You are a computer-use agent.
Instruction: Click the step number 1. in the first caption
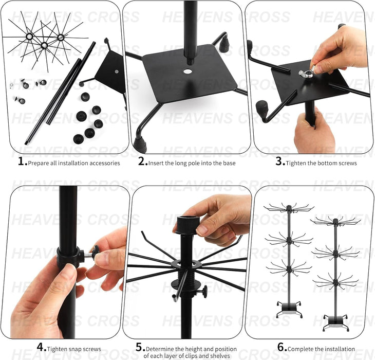[22, 162]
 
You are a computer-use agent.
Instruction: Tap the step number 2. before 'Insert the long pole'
[143, 162]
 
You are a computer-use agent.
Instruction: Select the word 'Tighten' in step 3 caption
[297, 163]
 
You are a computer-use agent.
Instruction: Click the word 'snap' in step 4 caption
[74, 349]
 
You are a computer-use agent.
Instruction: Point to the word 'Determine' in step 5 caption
[160, 349]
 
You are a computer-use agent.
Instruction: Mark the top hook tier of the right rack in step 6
[335, 221]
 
